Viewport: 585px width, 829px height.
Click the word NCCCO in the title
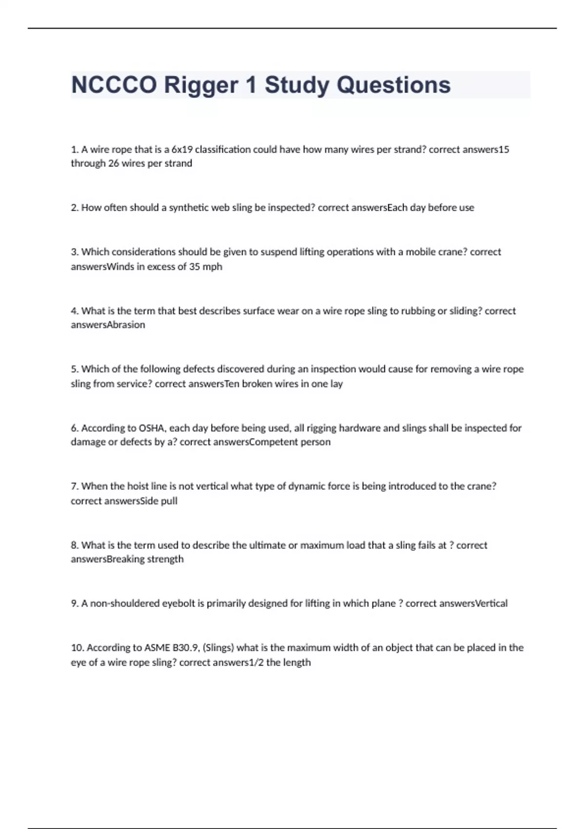click(115, 85)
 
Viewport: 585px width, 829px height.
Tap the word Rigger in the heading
click(201, 85)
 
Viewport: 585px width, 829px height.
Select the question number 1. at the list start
click(75, 150)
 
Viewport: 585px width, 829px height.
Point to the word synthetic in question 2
click(189, 208)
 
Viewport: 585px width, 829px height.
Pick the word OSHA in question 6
click(152, 428)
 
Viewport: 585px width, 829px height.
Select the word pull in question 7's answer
click(169, 501)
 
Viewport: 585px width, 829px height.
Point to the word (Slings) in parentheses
click(218, 648)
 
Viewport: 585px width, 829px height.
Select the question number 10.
click(78, 648)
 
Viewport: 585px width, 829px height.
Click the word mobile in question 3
click(420, 252)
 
